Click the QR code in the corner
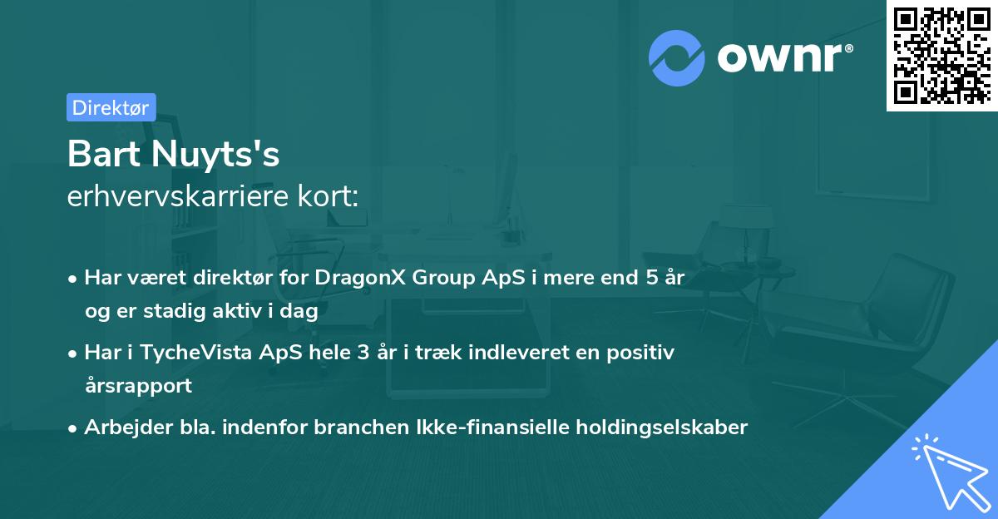pos(942,55)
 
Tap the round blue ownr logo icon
pos(676,57)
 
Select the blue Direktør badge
pos(111,107)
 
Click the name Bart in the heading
pos(100,154)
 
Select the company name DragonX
pos(354,278)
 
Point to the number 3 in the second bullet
pos(363,353)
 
